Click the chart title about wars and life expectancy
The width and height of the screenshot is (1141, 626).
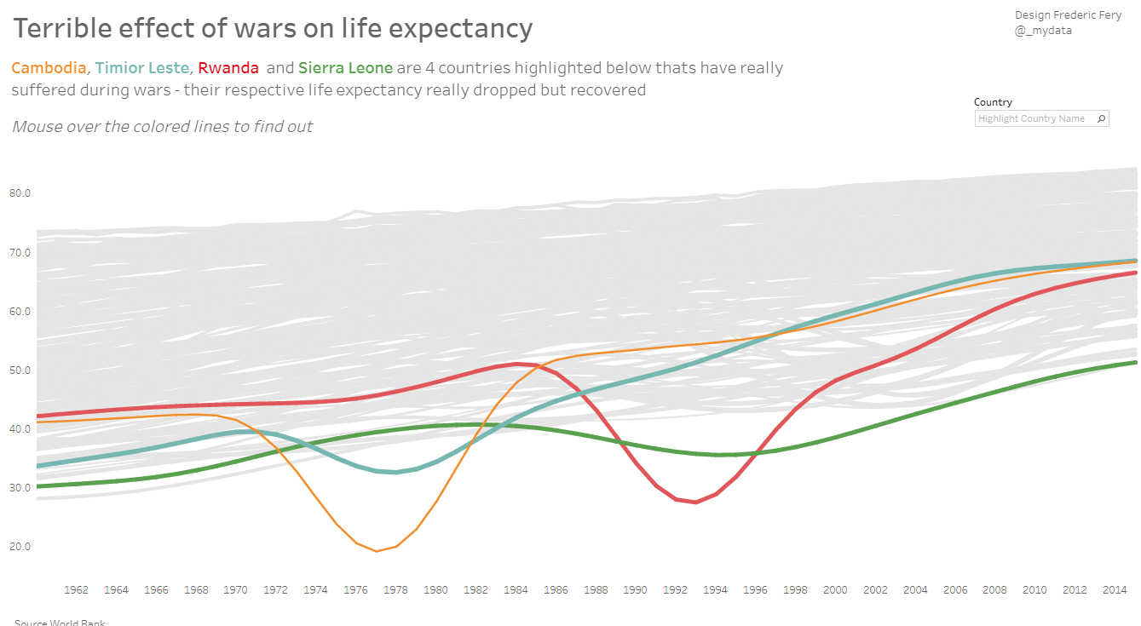coord(273,29)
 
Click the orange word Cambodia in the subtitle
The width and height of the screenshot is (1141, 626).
coord(49,68)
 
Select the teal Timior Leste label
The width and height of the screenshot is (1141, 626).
coord(141,68)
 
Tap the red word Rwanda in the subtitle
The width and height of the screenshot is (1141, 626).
coord(228,68)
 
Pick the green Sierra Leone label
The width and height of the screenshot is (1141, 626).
coord(345,68)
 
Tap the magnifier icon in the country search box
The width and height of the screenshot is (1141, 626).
coord(1101,119)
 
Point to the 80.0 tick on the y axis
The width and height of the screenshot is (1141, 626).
coord(20,193)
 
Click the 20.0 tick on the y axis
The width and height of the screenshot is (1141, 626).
coord(20,547)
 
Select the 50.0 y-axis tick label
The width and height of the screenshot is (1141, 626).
coord(20,370)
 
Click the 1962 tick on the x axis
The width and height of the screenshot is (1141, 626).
coord(77,589)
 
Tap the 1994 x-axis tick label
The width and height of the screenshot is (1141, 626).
coord(715,589)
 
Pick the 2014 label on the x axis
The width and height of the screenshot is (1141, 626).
coord(1115,589)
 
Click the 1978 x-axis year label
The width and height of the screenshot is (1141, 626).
coord(395,589)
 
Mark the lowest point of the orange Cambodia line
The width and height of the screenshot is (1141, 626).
coord(376,551)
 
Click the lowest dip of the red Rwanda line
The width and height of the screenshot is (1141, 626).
coord(695,502)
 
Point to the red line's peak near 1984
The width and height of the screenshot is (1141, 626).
coord(517,364)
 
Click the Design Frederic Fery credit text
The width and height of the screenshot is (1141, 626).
coord(1068,15)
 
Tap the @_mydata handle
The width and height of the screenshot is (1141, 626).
coord(1043,31)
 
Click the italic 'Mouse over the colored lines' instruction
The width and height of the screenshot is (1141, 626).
coord(162,127)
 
